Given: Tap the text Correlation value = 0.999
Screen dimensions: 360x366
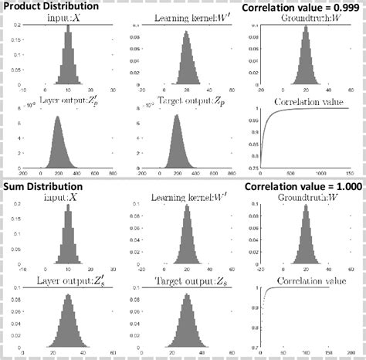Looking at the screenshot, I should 302,8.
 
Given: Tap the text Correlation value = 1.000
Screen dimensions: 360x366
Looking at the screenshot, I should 302,187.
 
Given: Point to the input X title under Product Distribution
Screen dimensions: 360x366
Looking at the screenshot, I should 68,17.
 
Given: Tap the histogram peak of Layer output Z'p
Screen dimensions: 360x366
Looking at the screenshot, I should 59,117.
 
